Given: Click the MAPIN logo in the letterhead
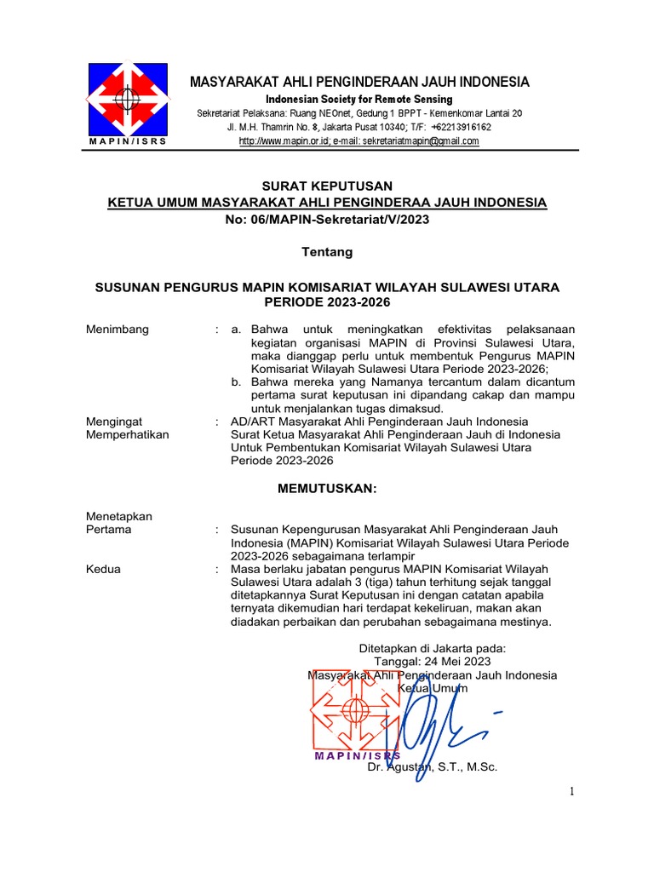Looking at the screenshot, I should point(128,99).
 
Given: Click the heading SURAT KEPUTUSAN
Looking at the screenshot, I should point(326,186).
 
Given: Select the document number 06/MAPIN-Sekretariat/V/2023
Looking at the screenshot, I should point(338,220).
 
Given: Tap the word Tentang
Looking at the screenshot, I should point(327,253).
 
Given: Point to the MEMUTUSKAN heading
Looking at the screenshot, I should point(326,488).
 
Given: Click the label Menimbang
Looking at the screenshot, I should point(118,329).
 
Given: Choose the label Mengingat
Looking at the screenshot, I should point(115,422).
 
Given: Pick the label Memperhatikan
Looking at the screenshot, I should point(129,434).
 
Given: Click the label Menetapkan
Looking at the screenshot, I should point(120,515).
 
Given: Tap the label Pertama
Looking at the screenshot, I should point(110,529).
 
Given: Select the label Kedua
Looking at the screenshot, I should point(105,569).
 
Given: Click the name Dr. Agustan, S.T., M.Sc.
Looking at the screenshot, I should point(432,767).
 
